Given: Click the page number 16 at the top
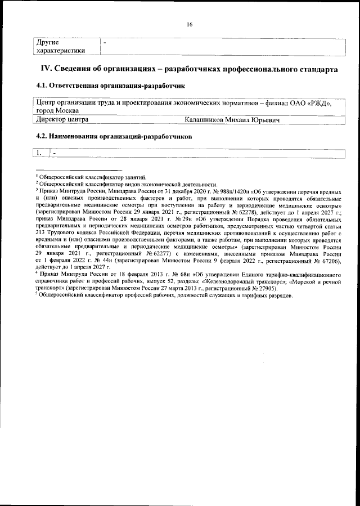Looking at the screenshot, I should pyautogui.click(x=190, y=24).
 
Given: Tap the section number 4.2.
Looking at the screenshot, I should pyautogui.click(x=42, y=137).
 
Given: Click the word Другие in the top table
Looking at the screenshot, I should pyautogui.click(x=48, y=42).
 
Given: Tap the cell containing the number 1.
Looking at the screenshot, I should pyautogui.click(x=40, y=153).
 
